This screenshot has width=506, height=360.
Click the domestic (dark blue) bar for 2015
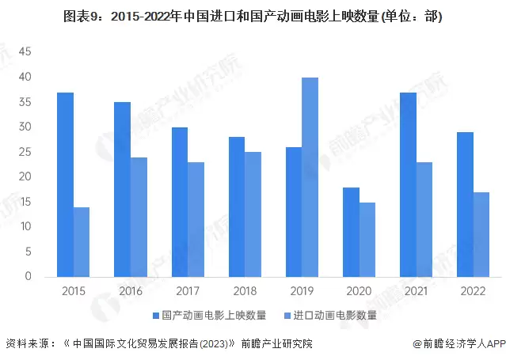click(65, 184)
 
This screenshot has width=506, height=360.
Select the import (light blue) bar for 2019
click(310, 177)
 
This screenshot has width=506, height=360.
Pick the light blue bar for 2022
click(481, 234)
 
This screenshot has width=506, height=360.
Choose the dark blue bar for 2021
click(408, 184)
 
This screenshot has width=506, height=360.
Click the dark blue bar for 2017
click(180, 202)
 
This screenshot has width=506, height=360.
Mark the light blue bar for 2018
click(253, 214)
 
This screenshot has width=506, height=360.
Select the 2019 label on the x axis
click(301, 291)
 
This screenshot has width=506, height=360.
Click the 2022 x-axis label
click(472, 291)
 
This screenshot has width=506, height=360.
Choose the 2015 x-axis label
click(73, 291)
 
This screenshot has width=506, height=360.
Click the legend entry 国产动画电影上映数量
click(214, 315)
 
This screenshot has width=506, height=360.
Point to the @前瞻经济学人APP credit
click(458, 344)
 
